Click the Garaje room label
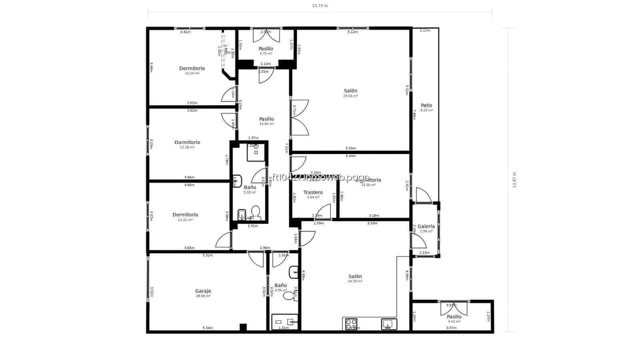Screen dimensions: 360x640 point(203,291)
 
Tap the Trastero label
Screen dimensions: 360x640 point(313,192)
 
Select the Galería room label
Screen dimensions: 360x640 point(426,226)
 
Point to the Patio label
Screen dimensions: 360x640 point(426,106)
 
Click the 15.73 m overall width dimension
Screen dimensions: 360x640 point(320,6)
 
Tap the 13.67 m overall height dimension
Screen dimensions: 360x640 point(514,180)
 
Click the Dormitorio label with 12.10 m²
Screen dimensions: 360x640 point(192,68)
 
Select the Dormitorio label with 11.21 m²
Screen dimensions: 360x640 point(185,215)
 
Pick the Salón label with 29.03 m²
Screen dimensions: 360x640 point(350,91)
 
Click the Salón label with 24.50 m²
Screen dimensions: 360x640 point(355,276)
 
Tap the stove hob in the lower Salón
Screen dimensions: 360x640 point(351,324)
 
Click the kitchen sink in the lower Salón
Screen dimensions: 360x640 point(389,324)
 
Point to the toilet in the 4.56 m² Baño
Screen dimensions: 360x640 point(289,296)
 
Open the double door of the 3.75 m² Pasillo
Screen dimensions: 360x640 point(266,36)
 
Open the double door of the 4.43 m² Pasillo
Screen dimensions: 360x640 point(454,308)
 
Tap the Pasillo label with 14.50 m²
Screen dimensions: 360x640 point(266,119)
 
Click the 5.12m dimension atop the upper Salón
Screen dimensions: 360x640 point(352,32)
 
